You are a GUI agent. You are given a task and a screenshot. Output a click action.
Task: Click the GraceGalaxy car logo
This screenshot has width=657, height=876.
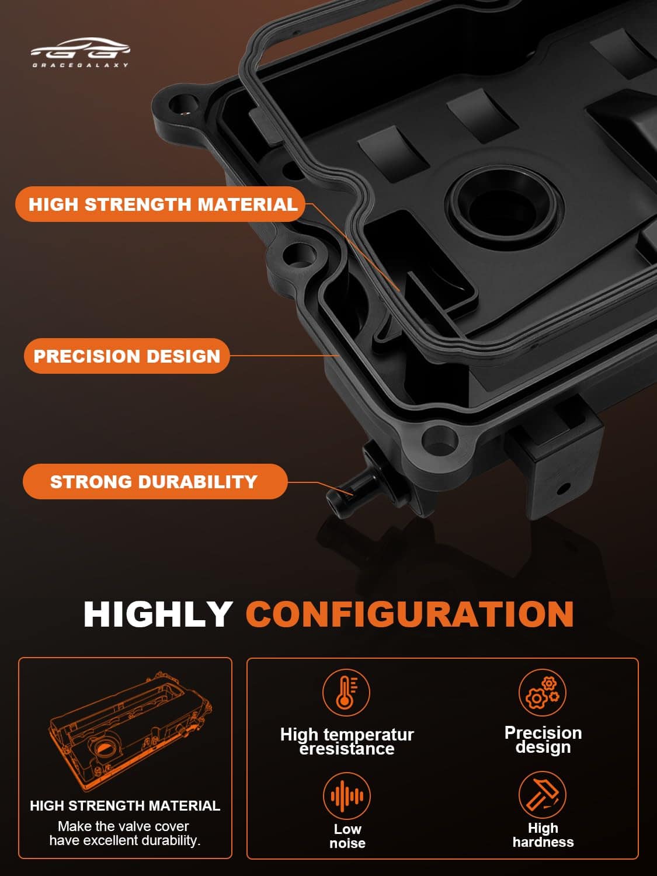pos(80,53)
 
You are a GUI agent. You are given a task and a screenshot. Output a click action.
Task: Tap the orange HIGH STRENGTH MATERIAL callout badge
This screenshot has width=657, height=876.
pos(161,204)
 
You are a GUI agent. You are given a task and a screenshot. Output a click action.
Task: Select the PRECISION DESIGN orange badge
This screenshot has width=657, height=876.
pos(127,356)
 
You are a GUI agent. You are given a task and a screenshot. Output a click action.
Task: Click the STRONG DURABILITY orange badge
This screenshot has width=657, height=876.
pos(155,481)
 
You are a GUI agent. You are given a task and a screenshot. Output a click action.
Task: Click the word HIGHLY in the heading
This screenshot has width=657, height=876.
pos(158,614)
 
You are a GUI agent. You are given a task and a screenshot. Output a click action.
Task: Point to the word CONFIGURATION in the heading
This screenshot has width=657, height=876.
pos(410,614)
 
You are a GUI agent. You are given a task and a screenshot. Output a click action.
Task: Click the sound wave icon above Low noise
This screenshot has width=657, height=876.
pos(347,796)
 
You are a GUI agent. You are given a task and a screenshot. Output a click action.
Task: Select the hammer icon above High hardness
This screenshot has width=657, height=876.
pos(542,795)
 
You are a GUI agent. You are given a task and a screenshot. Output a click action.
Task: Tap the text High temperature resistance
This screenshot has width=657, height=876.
pos(347,741)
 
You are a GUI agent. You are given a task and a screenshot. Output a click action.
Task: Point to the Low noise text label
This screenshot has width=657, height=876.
pos(347,836)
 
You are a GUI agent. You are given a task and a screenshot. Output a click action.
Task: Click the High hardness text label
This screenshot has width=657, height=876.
pos(543,835)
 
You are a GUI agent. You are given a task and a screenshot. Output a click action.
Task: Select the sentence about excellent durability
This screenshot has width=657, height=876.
pos(125,833)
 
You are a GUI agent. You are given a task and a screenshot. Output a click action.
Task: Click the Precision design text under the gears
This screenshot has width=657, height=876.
pos(543,739)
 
